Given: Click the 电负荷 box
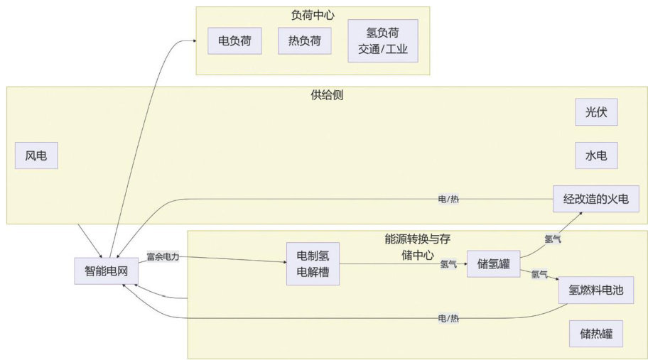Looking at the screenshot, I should [x=230, y=40].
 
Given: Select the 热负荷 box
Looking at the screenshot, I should [x=305, y=40].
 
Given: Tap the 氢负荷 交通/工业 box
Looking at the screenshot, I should [x=383, y=41].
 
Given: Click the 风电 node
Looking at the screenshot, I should [x=36, y=156].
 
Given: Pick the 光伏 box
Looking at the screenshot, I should [x=596, y=112].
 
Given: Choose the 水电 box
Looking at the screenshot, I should [x=596, y=156].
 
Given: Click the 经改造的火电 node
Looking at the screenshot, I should [x=596, y=199].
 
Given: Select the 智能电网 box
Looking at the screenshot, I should [x=107, y=270].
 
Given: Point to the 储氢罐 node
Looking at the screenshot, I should [x=493, y=264].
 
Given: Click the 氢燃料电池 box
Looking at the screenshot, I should [x=596, y=290].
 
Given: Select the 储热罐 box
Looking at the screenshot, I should [x=596, y=333].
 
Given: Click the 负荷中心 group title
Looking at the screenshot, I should [x=313, y=14].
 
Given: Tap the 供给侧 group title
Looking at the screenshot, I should [x=327, y=94].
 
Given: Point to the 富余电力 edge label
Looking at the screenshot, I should [x=163, y=256].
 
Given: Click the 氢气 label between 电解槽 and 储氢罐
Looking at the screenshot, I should [x=448, y=265].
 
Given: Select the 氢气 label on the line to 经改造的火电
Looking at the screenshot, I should [x=552, y=239].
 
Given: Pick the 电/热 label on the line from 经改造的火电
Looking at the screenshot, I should [x=448, y=200].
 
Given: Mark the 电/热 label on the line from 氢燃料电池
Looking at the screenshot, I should [x=448, y=317].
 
